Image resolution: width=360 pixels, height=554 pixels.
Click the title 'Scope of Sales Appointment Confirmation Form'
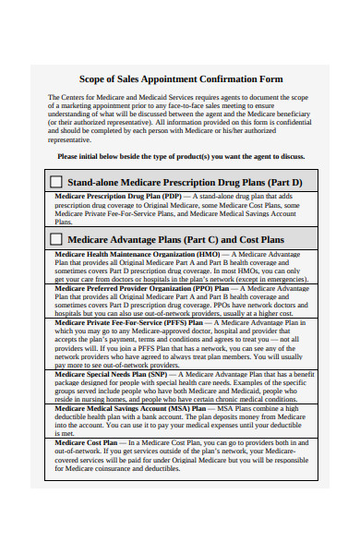click(180, 78)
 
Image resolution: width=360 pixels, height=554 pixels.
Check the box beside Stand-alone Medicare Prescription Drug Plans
click(56, 182)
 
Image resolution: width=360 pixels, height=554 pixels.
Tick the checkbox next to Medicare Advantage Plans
click(56, 239)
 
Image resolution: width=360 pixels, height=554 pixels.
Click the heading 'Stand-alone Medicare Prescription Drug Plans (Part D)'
click(186, 183)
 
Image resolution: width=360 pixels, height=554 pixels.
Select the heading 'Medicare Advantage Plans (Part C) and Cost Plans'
click(176, 239)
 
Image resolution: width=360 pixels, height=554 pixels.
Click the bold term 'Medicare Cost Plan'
click(86, 442)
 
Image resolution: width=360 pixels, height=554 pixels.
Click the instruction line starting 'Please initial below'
click(181, 157)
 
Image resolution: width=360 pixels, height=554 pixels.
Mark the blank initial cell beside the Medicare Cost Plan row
click(50, 458)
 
